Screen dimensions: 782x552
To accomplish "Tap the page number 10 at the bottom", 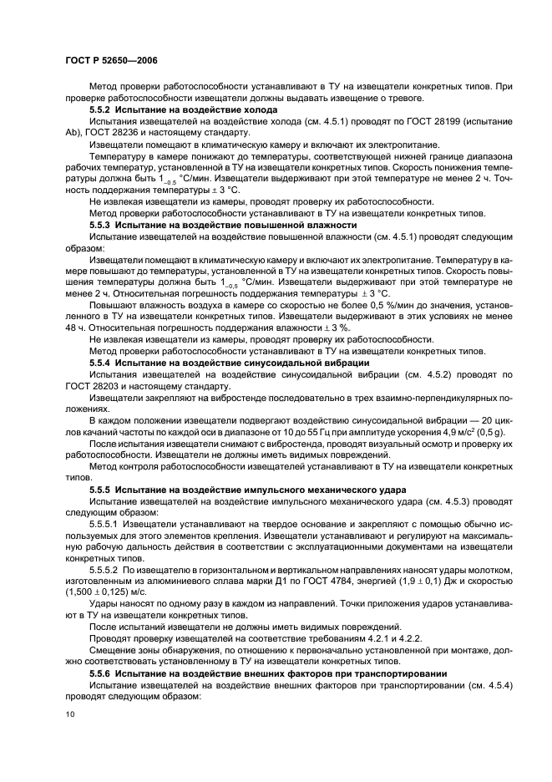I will tap(69, 713).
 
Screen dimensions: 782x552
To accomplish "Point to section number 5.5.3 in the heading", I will tap(102, 226).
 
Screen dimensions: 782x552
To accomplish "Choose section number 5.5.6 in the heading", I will tap(102, 673).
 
